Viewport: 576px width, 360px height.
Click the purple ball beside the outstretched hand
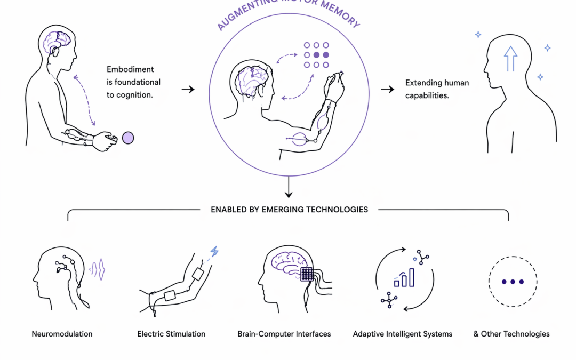pos(128,138)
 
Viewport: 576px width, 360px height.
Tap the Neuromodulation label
pos(62,334)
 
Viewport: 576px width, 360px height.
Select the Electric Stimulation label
pos(171,334)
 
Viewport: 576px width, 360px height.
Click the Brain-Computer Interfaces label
pos(284,334)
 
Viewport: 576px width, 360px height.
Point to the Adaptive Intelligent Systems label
pos(403,334)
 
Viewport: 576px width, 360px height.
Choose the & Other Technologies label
pos(511,334)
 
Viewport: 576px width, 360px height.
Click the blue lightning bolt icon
pos(214,252)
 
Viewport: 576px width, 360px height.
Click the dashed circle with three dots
pos(513,282)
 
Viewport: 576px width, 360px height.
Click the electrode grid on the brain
pos(308,274)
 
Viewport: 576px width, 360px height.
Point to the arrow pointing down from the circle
pos(289,188)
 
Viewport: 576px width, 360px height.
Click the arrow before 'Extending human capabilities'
pos(388,89)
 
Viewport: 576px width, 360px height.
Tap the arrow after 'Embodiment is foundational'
pos(188,89)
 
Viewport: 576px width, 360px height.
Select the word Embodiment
pos(130,69)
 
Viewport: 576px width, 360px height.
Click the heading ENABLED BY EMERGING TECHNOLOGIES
pos(289,210)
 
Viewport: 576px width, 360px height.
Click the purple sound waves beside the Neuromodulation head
pos(98,269)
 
